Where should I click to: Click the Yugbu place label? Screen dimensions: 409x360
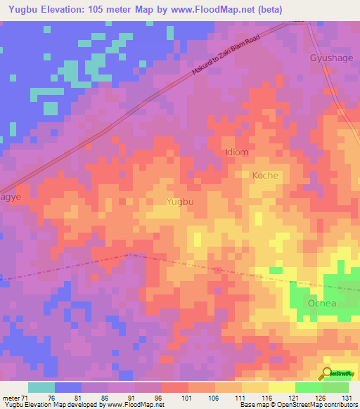coord(179,201)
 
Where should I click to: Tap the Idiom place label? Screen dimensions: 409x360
coord(236,152)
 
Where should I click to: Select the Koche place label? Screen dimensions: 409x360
coord(265,175)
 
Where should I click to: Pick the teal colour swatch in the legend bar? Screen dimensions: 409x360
coord(41,387)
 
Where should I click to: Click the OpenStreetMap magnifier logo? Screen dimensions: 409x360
coord(327,374)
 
